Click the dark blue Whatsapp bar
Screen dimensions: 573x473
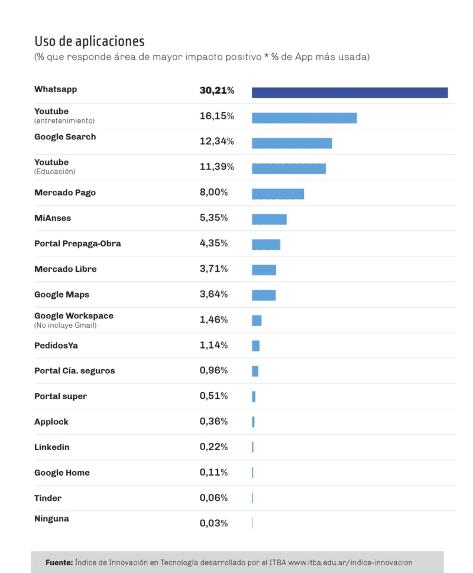[x=349, y=93]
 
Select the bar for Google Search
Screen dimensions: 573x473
[x=291, y=144]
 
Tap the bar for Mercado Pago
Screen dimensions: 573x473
[x=277, y=194]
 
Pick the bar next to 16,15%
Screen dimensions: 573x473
[x=304, y=118]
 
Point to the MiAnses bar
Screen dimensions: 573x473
[x=269, y=220]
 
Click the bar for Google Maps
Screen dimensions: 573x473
[x=264, y=295]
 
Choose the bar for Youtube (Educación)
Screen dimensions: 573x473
[x=289, y=169]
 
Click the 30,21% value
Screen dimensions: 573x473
[x=216, y=91]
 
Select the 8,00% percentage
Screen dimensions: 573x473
[x=213, y=193]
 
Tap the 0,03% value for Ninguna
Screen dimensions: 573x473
[x=213, y=523]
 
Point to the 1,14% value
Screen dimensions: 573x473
[x=213, y=345]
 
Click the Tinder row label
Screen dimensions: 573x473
[x=48, y=498]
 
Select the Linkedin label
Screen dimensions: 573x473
[x=51, y=447]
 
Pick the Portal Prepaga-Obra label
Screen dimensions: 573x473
[x=77, y=243]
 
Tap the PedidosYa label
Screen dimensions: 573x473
[x=56, y=345]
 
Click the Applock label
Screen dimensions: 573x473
[x=51, y=422]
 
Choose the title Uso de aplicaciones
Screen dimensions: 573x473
[x=89, y=41]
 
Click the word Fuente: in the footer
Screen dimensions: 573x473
[x=59, y=562]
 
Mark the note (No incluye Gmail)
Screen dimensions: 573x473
[x=65, y=325]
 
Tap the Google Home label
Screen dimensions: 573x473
[x=62, y=473]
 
